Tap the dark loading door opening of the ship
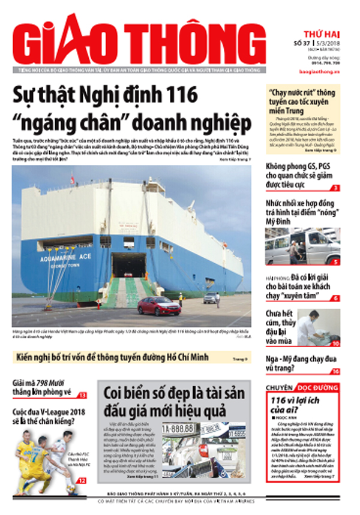coord(129,264)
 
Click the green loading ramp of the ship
coord(128,292)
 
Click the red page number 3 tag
coord(335,188)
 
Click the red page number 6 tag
coord(335,298)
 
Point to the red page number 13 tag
coord(82,394)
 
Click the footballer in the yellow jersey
coord(30,462)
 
